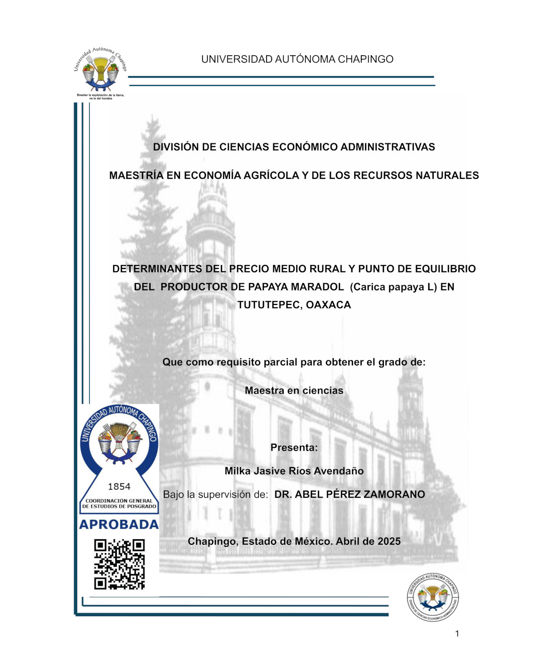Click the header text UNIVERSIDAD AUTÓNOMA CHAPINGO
coord(297,59)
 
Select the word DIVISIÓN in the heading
coord(176,147)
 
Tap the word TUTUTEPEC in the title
coord(269,305)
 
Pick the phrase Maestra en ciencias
coord(294,391)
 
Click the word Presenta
coord(294,447)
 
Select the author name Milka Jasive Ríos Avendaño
coord(294,471)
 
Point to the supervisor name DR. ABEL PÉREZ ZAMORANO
coord(349,494)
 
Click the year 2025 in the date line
coord(389,541)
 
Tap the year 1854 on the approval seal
coord(119,486)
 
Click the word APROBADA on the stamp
coord(119,525)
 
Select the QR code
coord(119,564)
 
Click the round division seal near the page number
coord(432,598)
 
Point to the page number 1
coord(457,634)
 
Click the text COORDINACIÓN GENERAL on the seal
coord(119,501)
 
